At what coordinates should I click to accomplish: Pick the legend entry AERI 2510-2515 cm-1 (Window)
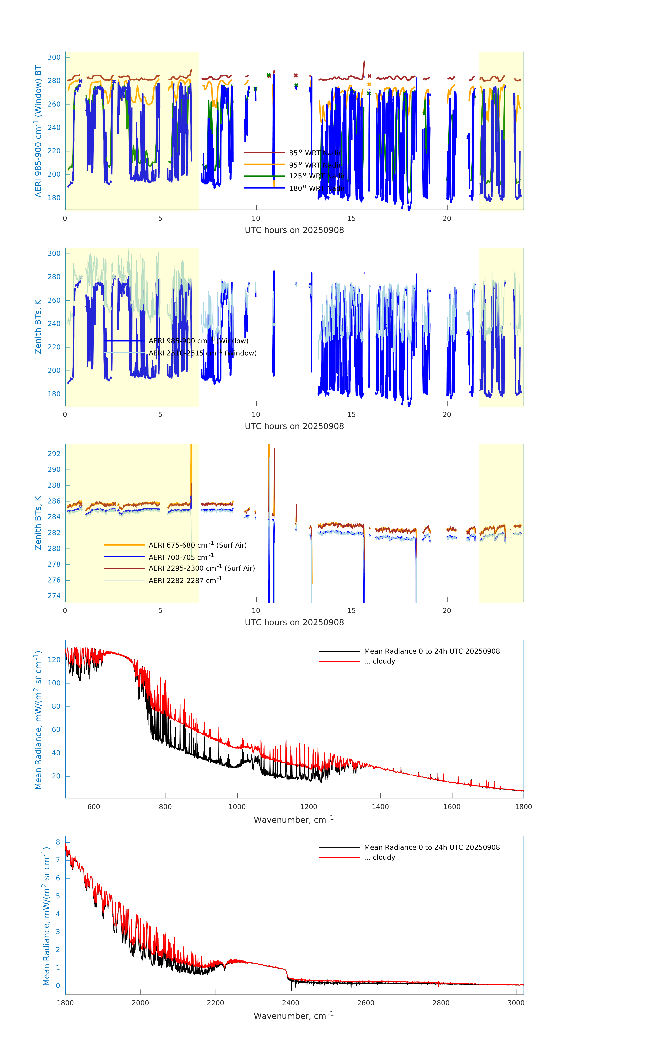point(202,353)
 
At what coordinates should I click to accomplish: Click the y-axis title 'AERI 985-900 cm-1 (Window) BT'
point(38,131)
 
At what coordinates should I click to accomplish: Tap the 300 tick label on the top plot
point(54,57)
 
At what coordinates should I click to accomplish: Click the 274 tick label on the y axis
point(54,596)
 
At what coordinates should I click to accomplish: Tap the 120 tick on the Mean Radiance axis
point(54,660)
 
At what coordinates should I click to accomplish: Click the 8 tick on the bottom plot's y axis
point(58,842)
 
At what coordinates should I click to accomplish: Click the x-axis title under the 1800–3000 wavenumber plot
point(294,1016)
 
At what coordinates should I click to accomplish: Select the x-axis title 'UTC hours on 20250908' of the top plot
point(294,230)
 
